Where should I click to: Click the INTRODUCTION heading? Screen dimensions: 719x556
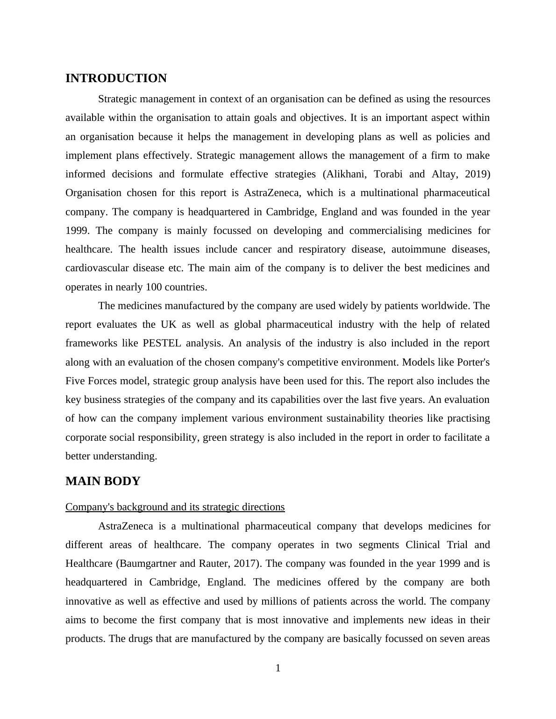pos(116,78)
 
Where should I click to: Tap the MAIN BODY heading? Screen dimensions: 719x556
pos(103,481)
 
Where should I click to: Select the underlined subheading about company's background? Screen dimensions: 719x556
pos(175,507)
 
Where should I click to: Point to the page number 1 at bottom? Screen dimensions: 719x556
pos(278,669)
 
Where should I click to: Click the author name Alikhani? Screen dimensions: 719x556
pos(343,174)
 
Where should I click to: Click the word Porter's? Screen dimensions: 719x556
pos(473,362)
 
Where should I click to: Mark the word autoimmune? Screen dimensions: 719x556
pos(418,249)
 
